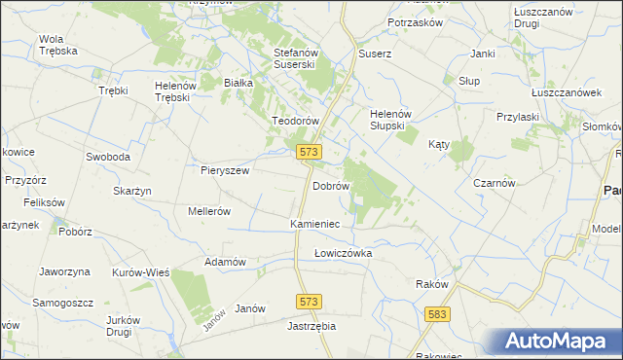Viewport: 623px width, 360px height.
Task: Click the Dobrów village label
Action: tap(330, 185)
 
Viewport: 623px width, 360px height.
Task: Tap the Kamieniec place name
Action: tap(314, 224)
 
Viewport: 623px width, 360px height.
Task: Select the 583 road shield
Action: tap(438, 314)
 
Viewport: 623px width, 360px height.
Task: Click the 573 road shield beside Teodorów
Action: tap(309, 152)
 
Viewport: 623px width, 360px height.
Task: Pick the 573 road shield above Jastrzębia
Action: tap(310, 303)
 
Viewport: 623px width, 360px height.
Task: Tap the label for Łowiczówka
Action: tap(343, 253)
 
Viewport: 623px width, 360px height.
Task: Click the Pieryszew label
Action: tap(226, 169)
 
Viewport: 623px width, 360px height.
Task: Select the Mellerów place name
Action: tap(208, 210)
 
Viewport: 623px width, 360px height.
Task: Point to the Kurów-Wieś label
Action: tap(141, 272)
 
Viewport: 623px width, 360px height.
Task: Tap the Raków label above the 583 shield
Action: tap(431, 284)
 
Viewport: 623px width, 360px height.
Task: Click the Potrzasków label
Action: tap(415, 21)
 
